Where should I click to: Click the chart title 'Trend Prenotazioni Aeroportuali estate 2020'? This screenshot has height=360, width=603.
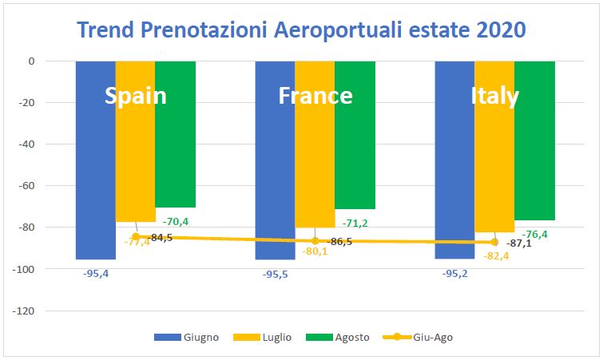click(x=301, y=30)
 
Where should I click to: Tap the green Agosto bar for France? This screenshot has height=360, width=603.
click(x=355, y=144)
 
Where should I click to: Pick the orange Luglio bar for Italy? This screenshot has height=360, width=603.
click(x=494, y=160)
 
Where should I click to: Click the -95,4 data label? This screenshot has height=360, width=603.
click(x=96, y=273)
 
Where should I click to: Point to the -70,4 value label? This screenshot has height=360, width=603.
click(x=176, y=221)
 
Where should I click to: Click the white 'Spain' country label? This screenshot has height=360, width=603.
click(x=136, y=96)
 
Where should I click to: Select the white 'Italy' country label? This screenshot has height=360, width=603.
click(x=495, y=96)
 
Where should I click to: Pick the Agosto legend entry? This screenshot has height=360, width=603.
click(x=344, y=338)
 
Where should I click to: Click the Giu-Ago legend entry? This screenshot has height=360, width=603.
click(x=420, y=338)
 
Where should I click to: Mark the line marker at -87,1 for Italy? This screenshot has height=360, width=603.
click(x=494, y=242)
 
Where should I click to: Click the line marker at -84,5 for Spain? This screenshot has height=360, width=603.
click(x=136, y=236)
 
